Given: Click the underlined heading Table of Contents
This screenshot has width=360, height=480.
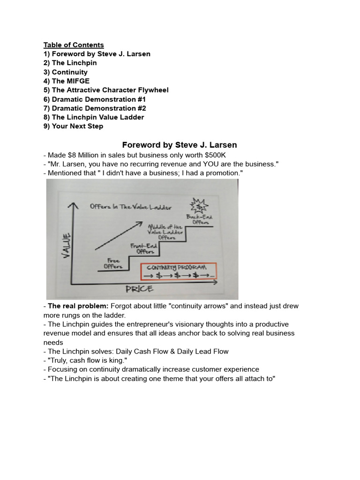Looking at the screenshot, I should coord(74,45).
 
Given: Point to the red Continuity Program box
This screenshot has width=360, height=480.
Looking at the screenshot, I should coord(179,271).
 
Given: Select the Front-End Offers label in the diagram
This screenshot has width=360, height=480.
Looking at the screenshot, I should coord(142,248).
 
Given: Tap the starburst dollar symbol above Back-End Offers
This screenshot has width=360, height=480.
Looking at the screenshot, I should coord(200,205).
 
